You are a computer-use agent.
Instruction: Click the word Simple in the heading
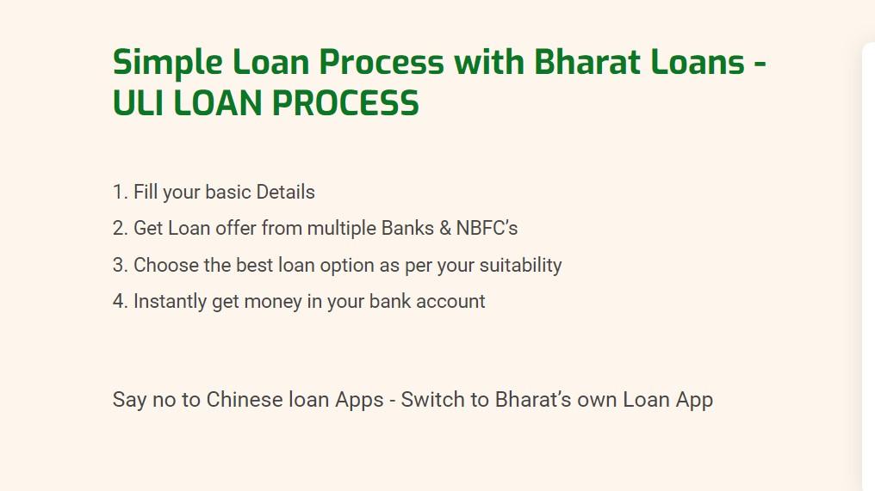click(167, 63)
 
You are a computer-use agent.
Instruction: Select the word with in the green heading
click(489, 61)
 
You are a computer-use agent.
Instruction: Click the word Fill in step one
click(146, 193)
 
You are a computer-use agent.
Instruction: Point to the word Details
click(285, 193)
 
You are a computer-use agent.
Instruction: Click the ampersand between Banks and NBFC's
click(444, 229)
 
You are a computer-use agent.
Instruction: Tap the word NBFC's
click(487, 229)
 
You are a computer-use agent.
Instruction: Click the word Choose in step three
click(165, 266)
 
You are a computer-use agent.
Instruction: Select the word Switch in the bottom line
click(431, 400)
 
